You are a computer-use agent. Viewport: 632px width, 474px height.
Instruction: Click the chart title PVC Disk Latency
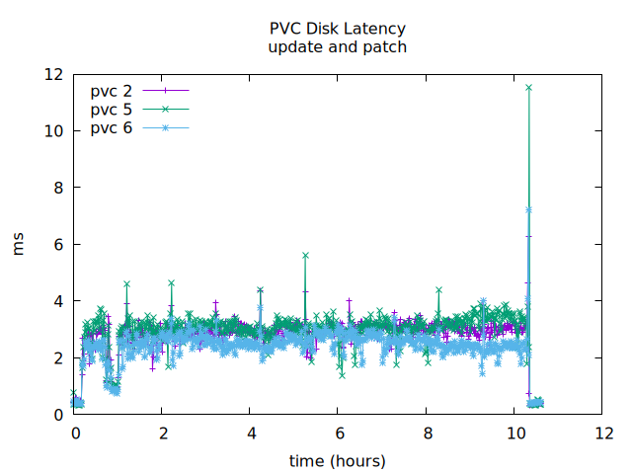(x=338, y=29)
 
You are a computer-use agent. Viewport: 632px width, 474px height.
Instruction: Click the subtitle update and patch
(x=338, y=46)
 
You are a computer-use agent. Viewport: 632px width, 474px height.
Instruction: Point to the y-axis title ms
(x=19, y=245)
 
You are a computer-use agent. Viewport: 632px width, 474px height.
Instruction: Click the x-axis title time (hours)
(x=338, y=460)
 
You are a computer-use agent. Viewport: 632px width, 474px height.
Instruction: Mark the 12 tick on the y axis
(x=53, y=75)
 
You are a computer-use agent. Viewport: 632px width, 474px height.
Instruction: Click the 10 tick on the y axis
(x=53, y=131)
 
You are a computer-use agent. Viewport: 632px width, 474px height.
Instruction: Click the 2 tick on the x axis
(x=162, y=433)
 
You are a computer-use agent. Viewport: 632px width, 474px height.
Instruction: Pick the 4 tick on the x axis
(x=250, y=433)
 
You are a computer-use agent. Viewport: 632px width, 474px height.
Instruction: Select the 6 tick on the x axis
(x=338, y=433)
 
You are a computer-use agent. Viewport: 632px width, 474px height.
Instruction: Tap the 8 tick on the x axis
(x=427, y=433)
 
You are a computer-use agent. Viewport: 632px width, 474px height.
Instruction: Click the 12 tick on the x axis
(x=602, y=433)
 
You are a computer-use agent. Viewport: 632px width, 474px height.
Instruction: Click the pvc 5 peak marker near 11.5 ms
(x=528, y=88)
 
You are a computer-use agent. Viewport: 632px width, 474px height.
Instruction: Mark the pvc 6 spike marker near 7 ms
(x=529, y=209)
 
